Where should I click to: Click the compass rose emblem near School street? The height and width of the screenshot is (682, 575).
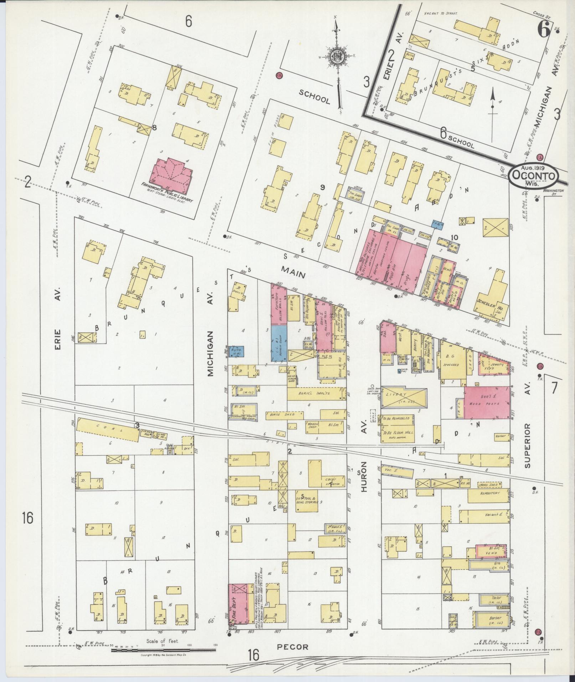(337, 56)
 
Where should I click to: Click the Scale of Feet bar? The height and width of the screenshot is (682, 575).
(163, 650)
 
